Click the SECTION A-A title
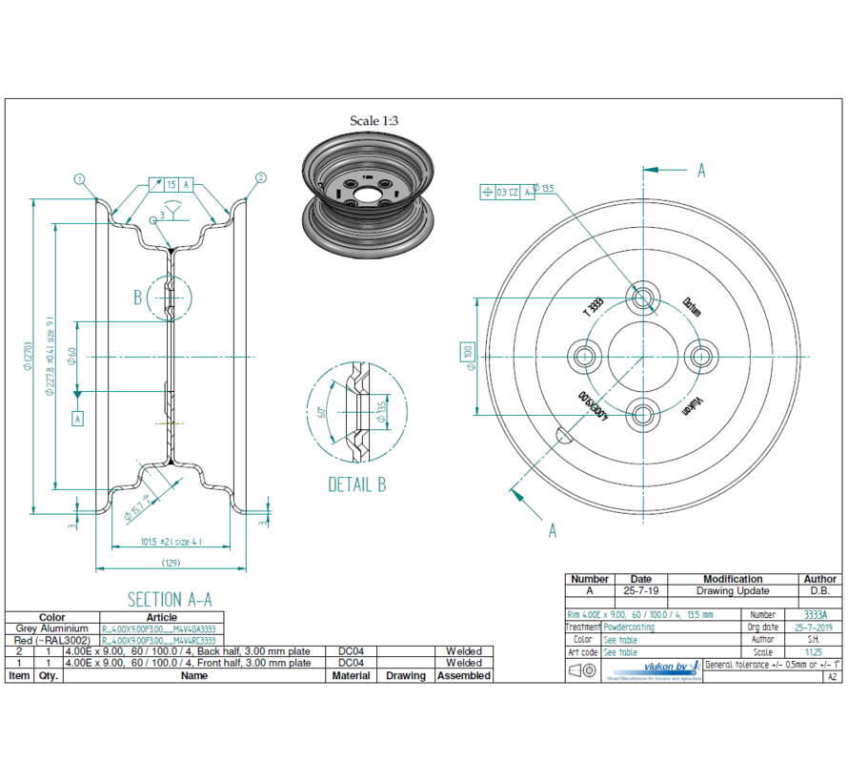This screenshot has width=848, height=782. (170, 599)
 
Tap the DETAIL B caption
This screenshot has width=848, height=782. (356, 484)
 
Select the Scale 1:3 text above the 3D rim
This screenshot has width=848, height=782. (374, 121)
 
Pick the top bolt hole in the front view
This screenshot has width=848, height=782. (644, 297)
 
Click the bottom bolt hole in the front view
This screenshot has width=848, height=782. (644, 414)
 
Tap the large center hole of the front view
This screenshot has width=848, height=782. (644, 355)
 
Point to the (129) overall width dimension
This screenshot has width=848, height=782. (172, 564)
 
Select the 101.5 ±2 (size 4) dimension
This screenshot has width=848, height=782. (171, 542)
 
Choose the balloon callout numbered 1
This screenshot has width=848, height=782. (79, 178)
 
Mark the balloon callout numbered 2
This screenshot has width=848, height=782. (260, 178)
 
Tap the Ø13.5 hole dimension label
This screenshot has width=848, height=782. (543, 189)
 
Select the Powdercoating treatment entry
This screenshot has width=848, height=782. (629, 628)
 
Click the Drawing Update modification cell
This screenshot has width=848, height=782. (732, 591)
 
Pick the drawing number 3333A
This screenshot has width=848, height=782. (815, 615)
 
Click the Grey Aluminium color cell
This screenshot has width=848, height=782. (52, 629)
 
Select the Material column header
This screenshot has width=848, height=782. (351, 675)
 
